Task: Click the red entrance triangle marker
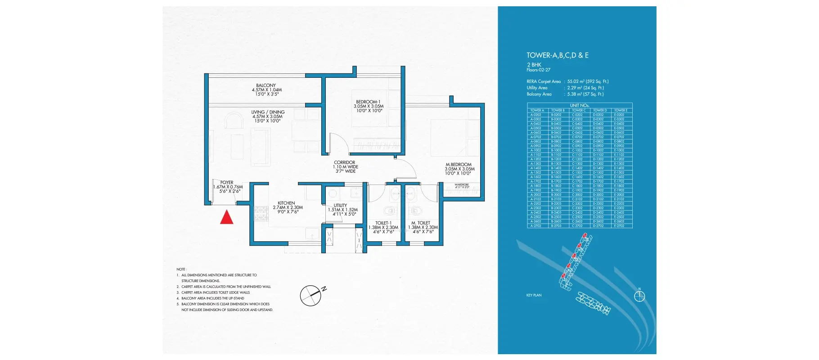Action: [226, 218]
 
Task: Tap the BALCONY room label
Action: [266, 85]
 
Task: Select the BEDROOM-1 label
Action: [368, 102]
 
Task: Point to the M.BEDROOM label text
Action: [459, 165]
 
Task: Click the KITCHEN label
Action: [286, 203]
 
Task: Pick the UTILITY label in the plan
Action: [340, 206]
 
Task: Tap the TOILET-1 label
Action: [383, 223]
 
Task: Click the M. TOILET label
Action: [421, 223]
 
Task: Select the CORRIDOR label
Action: [344, 162]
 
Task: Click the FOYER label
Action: [227, 183]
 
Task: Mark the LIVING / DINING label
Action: [268, 112]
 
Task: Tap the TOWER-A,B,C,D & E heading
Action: [558, 55]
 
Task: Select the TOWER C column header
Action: [579, 110]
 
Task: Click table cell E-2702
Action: [619, 225]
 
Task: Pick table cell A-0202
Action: [535, 115]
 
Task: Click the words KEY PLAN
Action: [534, 295]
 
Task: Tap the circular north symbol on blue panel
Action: [639, 296]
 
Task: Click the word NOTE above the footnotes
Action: [181, 269]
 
